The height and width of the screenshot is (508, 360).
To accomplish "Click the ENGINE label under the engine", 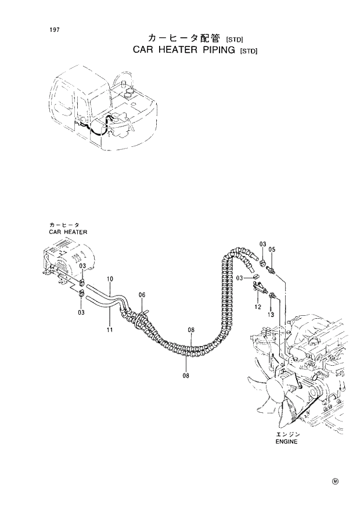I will (x=286, y=441).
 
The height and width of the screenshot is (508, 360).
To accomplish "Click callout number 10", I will (x=110, y=279).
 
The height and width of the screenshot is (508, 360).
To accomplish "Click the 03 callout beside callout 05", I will (x=262, y=243).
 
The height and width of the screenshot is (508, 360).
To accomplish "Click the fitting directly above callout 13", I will (x=271, y=298).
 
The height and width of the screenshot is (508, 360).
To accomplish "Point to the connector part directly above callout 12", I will (x=259, y=287).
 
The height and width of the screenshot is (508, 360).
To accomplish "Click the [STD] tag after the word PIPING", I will (x=249, y=51).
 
